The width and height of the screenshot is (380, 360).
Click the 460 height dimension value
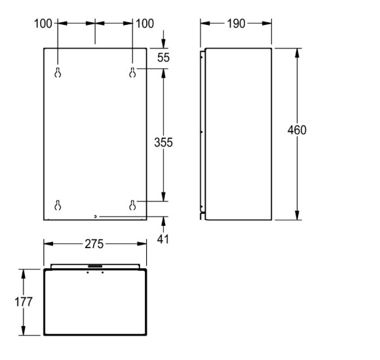pyautogui.click(x=297, y=130)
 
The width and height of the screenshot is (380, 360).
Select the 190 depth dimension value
pyautogui.click(x=236, y=24)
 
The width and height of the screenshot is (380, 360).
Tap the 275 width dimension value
pyautogui.click(x=94, y=244)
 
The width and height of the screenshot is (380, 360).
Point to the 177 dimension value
pyautogui.click(x=23, y=302)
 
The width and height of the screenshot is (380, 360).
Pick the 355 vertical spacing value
pyautogui.click(x=163, y=142)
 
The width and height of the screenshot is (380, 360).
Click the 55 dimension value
pyautogui.click(x=163, y=58)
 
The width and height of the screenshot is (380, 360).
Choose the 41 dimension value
pyautogui.click(x=163, y=239)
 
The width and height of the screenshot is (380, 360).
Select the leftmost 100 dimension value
pyautogui.click(x=43, y=24)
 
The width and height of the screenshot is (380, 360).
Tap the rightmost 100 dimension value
pyautogui.click(x=145, y=24)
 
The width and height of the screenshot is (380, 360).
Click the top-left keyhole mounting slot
pyautogui.click(x=58, y=73)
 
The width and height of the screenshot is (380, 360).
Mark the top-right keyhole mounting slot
pyautogui.click(x=132, y=73)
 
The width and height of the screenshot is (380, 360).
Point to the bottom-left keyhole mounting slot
pyautogui.click(x=58, y=204)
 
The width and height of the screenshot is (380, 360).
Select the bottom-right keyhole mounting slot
pyautogui.click(x=132, y=204)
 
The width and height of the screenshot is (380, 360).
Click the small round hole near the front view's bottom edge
pyautogui.click(x=96, y=216)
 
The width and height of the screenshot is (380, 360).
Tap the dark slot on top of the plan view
pyautogui.click(x=95, y=266)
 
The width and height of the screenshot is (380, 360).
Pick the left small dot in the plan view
pyautogui.click(x=88, y=273)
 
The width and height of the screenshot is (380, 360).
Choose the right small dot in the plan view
pyautogui.click(x=102, y=273)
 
